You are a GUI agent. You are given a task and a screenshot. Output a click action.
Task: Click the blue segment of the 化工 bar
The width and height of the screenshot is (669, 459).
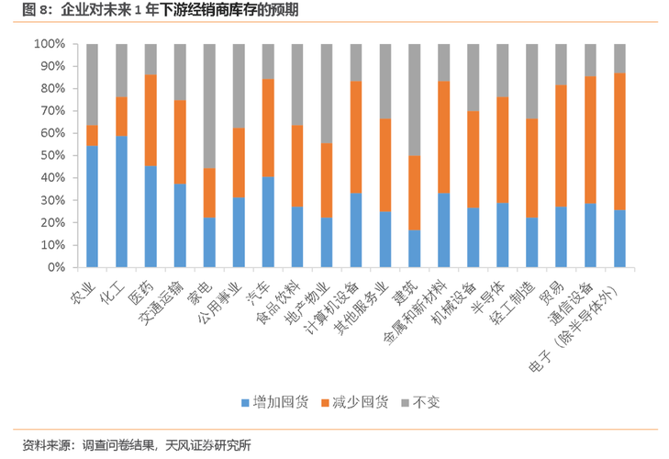[122, 201]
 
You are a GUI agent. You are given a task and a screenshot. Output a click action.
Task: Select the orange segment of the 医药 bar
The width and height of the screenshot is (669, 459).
[151, 120]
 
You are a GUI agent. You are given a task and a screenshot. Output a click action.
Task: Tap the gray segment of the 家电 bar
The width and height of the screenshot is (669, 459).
[209, 106]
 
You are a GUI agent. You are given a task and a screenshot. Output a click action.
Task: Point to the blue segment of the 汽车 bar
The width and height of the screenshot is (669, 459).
[268, 221]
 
